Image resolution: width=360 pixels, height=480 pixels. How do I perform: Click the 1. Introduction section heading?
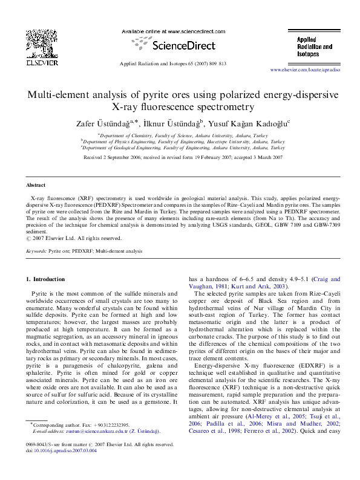pos(46,279)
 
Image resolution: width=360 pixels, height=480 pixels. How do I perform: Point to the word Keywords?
pos(36,250)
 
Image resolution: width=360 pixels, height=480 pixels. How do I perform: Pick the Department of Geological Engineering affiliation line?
pos(183,147)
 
